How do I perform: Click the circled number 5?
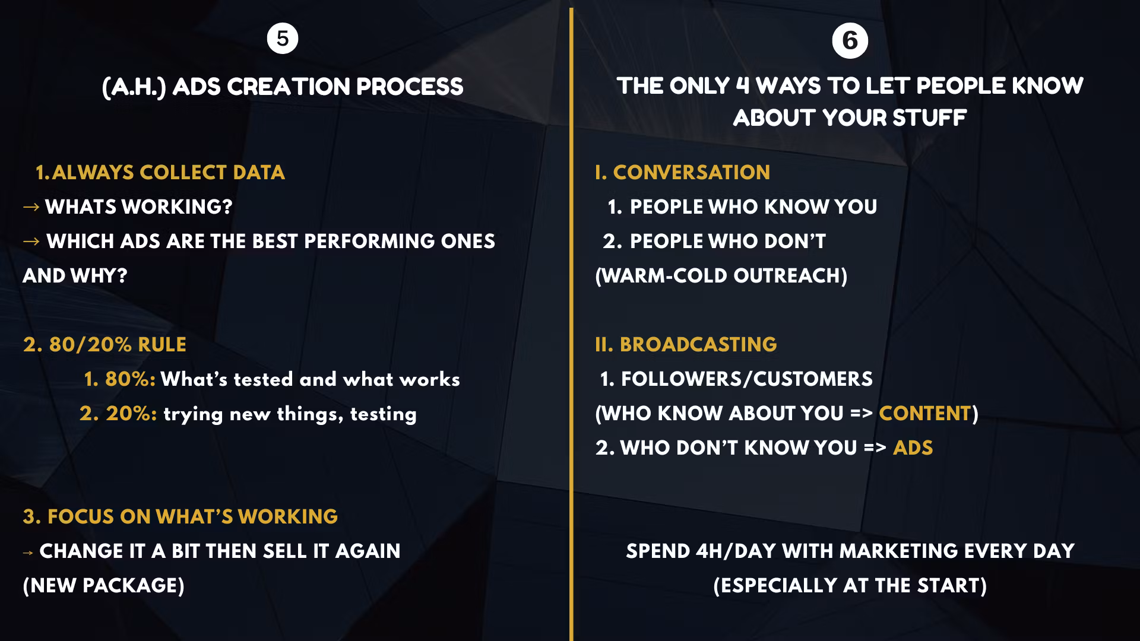tap(283, 39)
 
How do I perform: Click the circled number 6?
tap(850, 40)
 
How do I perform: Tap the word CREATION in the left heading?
tap(288, 87)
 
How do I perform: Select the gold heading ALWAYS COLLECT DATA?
tap(168, 173)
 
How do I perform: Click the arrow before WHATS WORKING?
tap(31, 207)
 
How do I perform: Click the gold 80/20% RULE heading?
tap(104, 345)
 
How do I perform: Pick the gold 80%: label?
tap(120, 379)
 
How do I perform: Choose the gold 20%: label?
tap(118, 414)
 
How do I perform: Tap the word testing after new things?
tap(384, 414)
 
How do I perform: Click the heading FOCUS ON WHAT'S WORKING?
tap(180, 517)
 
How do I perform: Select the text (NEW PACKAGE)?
tap(104, 586)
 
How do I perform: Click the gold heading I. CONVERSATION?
tap(683, 173)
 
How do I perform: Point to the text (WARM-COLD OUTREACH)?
tap(721, 276)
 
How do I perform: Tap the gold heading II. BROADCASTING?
tap(686, 345)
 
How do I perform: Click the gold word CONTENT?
tap(925, 414)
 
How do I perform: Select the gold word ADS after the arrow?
tap(913, 448)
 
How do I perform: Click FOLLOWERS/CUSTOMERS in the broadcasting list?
tap(747, 379)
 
